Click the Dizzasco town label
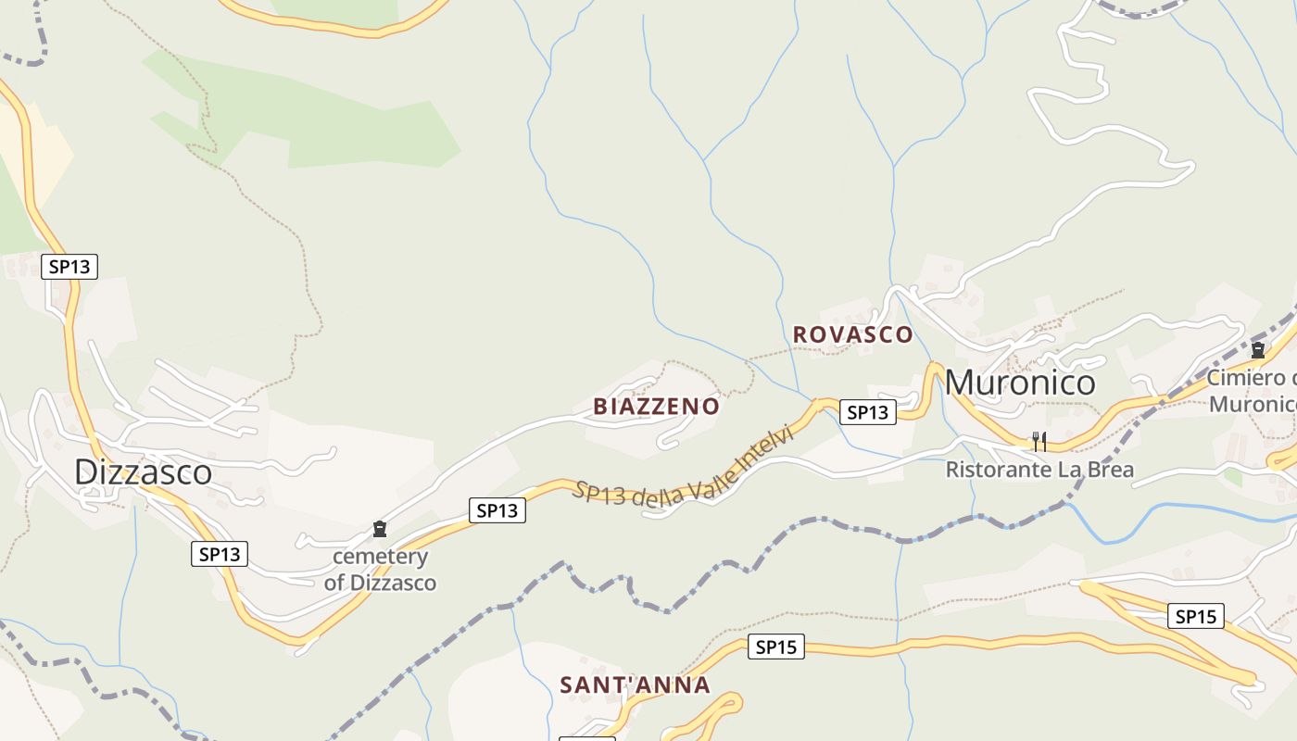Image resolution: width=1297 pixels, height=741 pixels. click(144, 472)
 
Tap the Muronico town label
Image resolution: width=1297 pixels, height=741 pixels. click(1020, 383)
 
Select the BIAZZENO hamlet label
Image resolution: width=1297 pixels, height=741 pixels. click(656, 407)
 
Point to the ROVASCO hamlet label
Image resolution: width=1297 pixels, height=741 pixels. click(852, 334)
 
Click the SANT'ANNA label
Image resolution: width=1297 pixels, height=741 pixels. click(635, 685)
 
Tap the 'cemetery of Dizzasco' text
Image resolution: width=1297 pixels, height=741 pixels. click(380, 570)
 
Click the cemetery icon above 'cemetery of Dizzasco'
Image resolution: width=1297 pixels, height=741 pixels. click(379, 530)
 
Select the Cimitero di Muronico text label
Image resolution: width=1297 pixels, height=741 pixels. click(1251, 391)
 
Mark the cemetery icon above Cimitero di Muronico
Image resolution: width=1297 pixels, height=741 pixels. click(1258, 351)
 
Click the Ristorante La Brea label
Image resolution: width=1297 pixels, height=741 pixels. click(1039, 470)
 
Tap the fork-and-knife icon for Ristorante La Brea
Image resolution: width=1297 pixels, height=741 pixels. click(1039, 442)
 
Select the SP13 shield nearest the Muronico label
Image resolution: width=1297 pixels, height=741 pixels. click(868, 412)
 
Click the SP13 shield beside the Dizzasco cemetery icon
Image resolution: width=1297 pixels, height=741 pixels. click(497, 510)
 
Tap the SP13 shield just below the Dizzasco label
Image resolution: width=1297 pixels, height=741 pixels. click(220, 555)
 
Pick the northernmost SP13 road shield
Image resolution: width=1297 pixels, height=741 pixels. click(69, 267)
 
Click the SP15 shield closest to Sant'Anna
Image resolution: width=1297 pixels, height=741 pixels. click(776, 647)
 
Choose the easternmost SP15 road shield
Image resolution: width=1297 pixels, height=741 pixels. click(1195, 616)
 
